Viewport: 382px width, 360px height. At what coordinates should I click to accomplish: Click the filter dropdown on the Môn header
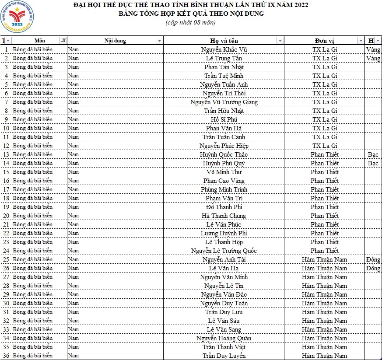click(x=63, y=41)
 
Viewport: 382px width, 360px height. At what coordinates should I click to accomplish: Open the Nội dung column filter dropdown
click(x=159, y=41)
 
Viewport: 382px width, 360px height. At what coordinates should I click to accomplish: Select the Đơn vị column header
click(x=324, y=41)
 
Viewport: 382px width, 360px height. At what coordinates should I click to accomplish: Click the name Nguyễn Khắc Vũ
click(x=224, y=49)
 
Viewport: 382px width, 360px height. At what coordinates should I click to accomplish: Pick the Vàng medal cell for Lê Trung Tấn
click(x=373, y=58)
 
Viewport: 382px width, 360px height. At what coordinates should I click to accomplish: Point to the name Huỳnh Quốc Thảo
click(x=224, y=154)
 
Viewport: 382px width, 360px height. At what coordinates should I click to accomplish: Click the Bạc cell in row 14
click(x=373, y=163)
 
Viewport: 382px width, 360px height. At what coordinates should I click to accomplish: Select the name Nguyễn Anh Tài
click(x=224, y=259)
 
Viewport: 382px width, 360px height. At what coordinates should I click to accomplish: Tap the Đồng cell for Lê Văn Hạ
click(x=373, y=268)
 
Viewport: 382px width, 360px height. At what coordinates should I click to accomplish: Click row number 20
click(x=6, y=216)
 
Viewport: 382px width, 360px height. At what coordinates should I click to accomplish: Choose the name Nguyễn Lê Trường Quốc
click(x=224, y=251)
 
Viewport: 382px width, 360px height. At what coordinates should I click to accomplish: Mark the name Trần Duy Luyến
click(x=224, y=356)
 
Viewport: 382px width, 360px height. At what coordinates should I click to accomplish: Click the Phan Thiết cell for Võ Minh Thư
click(x=325, y=172)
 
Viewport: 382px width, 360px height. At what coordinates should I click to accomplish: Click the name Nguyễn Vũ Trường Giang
click(x=224, y=102)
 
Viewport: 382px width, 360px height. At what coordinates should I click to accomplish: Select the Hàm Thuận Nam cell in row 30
click(x=325, y=303)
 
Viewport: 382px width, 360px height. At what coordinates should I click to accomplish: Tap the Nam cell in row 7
click(x=74, y=102)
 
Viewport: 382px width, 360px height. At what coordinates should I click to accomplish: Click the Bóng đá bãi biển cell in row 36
click(x=33, y=356)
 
